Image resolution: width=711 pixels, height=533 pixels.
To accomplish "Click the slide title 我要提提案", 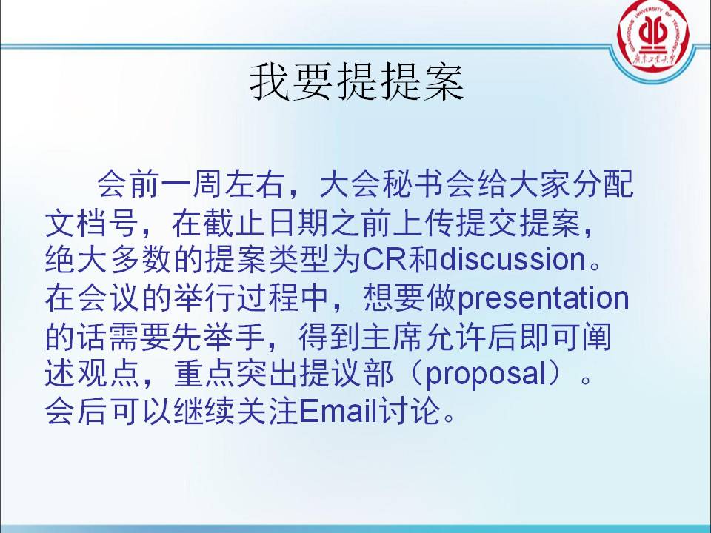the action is click(356, 81).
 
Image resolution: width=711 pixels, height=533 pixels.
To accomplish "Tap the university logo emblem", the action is click(653, 36).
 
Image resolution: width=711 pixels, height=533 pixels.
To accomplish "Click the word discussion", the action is click(513, 259).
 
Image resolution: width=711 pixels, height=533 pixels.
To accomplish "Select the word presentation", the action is click(543, 299).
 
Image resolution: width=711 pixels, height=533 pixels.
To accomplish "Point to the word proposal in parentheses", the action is click(487, 375).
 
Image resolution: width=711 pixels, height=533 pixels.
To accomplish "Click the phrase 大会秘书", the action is click(382, 184).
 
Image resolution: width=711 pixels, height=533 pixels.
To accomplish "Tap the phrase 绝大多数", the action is click(107, 259).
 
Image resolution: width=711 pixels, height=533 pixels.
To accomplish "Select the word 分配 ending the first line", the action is click(603, 184).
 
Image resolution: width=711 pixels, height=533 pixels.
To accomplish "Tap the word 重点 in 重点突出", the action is click(205, 375).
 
